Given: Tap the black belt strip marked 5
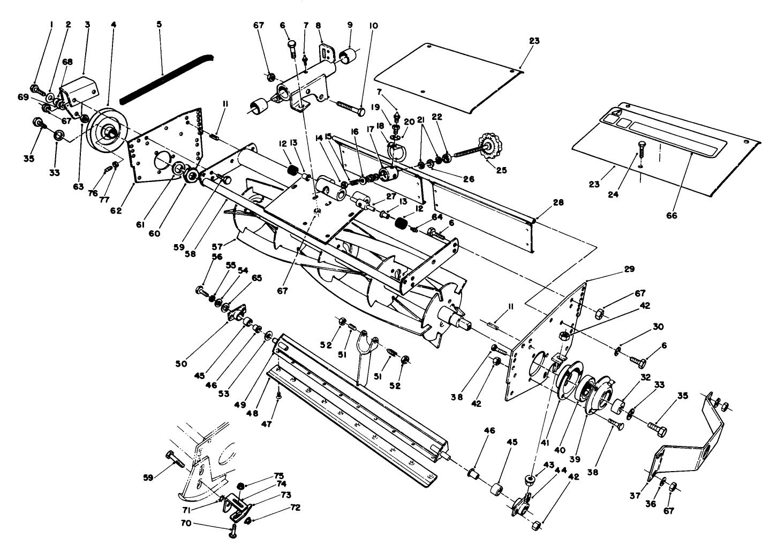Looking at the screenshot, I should (166, 74).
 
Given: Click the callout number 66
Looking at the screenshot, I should (671, 216).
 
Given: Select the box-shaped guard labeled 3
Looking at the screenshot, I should (79, 87).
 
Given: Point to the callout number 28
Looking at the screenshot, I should (559, 203).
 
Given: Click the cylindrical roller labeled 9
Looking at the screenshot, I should (349, 56).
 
